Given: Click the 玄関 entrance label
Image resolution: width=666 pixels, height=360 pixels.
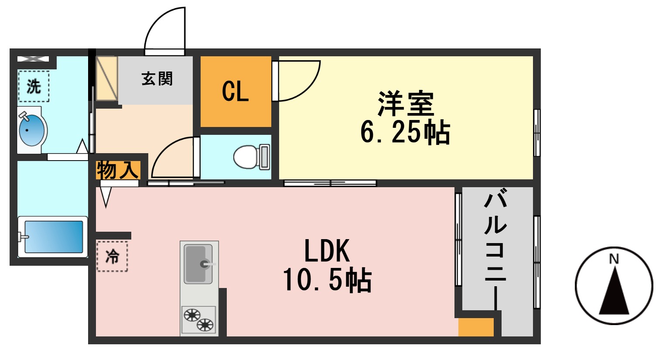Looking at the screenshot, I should (x=157, y=79).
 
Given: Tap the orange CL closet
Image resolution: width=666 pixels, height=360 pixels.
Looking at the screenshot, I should (x=236, y=92).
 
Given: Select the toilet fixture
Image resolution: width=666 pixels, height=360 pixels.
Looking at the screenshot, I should (x=251, y=157).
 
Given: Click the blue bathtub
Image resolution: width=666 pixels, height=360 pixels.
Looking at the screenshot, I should (x=53, y=237).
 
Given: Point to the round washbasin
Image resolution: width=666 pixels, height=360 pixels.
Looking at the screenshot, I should (x=32, y=130).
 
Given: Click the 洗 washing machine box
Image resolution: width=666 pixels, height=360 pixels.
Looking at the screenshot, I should (x=34, y=86).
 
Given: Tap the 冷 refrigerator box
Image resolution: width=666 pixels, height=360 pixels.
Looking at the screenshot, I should (x=112, y=256).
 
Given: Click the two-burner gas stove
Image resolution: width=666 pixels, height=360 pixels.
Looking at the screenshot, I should (x=199, y=320).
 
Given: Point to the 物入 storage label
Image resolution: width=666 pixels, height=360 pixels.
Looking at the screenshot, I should (x=118, y=170).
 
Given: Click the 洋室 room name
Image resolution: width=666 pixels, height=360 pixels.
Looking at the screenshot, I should (x=406, y=103).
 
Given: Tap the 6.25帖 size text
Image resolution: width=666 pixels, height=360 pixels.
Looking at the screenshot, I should (x=405, y=132).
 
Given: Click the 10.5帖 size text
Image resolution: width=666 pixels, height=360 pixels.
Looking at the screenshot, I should (x=327, y=280).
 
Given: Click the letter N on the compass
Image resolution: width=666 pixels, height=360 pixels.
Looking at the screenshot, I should (x=614, y=259).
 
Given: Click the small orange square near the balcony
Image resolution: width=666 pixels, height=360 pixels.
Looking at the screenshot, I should (x=476, y=327).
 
